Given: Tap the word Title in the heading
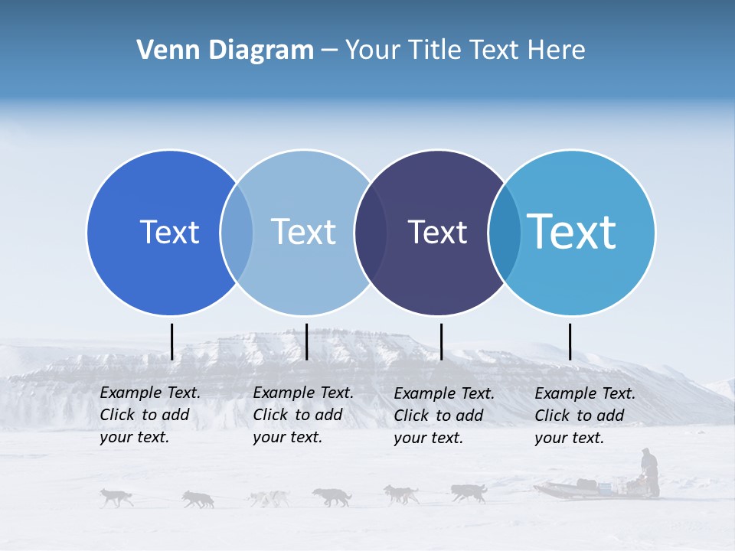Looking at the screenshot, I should [436, 51].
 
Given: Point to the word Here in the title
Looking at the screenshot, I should [557, 51].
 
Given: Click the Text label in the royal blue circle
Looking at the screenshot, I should [169, 232].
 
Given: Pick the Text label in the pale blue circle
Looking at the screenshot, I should [303, 232].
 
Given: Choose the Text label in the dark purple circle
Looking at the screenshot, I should [437, 232].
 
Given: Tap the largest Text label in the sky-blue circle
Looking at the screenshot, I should [572, 232].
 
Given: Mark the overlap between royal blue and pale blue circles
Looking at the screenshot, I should [237, 232].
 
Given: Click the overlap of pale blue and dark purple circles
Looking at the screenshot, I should [371, 232].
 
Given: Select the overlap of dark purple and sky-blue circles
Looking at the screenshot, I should [505, 232].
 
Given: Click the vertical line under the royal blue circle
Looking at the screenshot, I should [172, 341].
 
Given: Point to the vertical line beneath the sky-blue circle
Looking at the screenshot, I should [570, 341].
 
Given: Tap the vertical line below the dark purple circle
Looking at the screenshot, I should [442, 341].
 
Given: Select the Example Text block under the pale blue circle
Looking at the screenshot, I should [303, 415].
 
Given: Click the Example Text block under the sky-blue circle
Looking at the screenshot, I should [585, 416].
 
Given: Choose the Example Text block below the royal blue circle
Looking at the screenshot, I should [150, 415].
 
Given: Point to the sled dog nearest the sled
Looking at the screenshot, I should [468, 492].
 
